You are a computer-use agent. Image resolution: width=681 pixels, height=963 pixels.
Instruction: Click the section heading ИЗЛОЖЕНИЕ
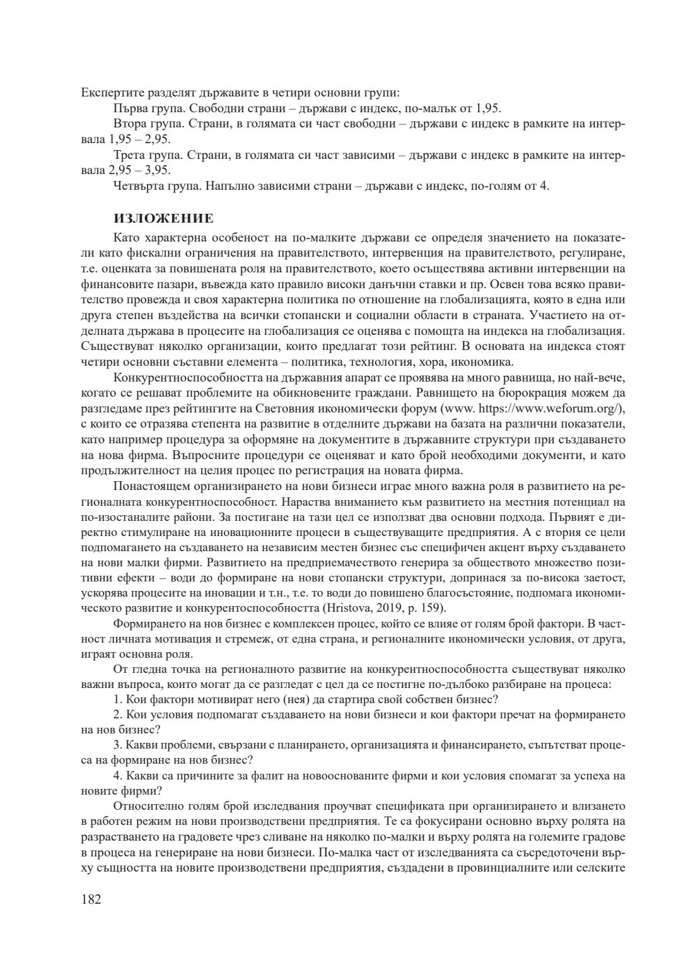pyautogui.click(x=163, y=219)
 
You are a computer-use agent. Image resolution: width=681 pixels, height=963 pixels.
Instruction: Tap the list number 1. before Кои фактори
pyautogui.click(x=118, y=699)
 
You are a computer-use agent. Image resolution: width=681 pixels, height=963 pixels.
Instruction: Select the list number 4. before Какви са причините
pyautogui.click(x=118, y=776)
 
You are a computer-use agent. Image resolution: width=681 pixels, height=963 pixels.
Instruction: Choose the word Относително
pyautogui.click(x=146, y=807)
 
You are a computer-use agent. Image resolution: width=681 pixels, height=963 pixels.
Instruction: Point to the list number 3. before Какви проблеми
pyautogui.click(x=118, y=745)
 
